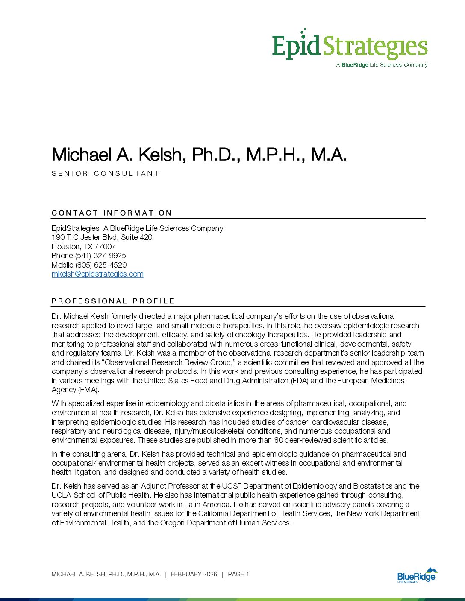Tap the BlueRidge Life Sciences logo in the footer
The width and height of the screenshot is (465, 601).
(x=417, y=575)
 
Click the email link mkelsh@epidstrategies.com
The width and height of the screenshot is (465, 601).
(x=97, y=274)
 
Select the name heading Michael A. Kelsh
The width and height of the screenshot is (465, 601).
(x=199, y=155)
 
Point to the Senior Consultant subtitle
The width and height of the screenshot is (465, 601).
(x=106, y=173)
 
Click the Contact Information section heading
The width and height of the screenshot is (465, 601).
(x=112, y=213)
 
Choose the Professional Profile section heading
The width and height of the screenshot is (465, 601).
(x=113, y=301)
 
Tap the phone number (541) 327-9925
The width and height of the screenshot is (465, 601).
(x=100, y=256)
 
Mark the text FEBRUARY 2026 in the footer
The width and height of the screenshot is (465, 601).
(x=194, y=575)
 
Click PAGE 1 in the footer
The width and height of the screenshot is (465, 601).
(x=238, y=575)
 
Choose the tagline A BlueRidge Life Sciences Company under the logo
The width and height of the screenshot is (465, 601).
(x=382, y=65)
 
